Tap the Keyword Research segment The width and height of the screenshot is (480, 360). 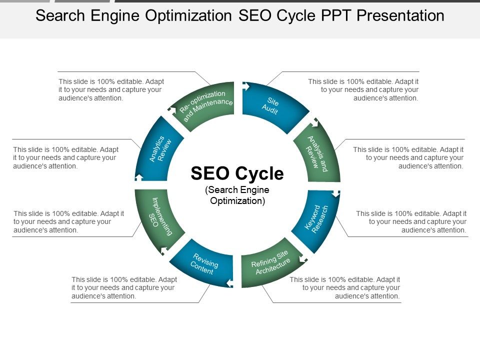pyautogui.click(x=316, y=218)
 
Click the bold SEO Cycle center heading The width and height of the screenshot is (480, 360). pyautogui.click(x=237, y=173)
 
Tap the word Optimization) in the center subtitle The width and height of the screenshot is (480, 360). pyautogui.click(x=237, y=201)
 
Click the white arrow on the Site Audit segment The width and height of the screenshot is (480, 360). pyautogui.click(x=245, y=86)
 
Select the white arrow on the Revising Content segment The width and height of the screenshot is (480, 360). pyautogui.click(x=229, y=283)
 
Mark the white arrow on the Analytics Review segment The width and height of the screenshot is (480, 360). pyautogui.click(x=139, y=176)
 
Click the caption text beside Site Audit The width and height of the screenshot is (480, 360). pyautogui.click(x=363, y=89)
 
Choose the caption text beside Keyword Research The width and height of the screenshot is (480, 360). pyautogui.click(x=411, y=221)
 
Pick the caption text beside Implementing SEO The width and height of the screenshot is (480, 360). pyautogui.click(x=69, y=221)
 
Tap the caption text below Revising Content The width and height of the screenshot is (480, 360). pyautogui.click(x=124, y=287)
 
